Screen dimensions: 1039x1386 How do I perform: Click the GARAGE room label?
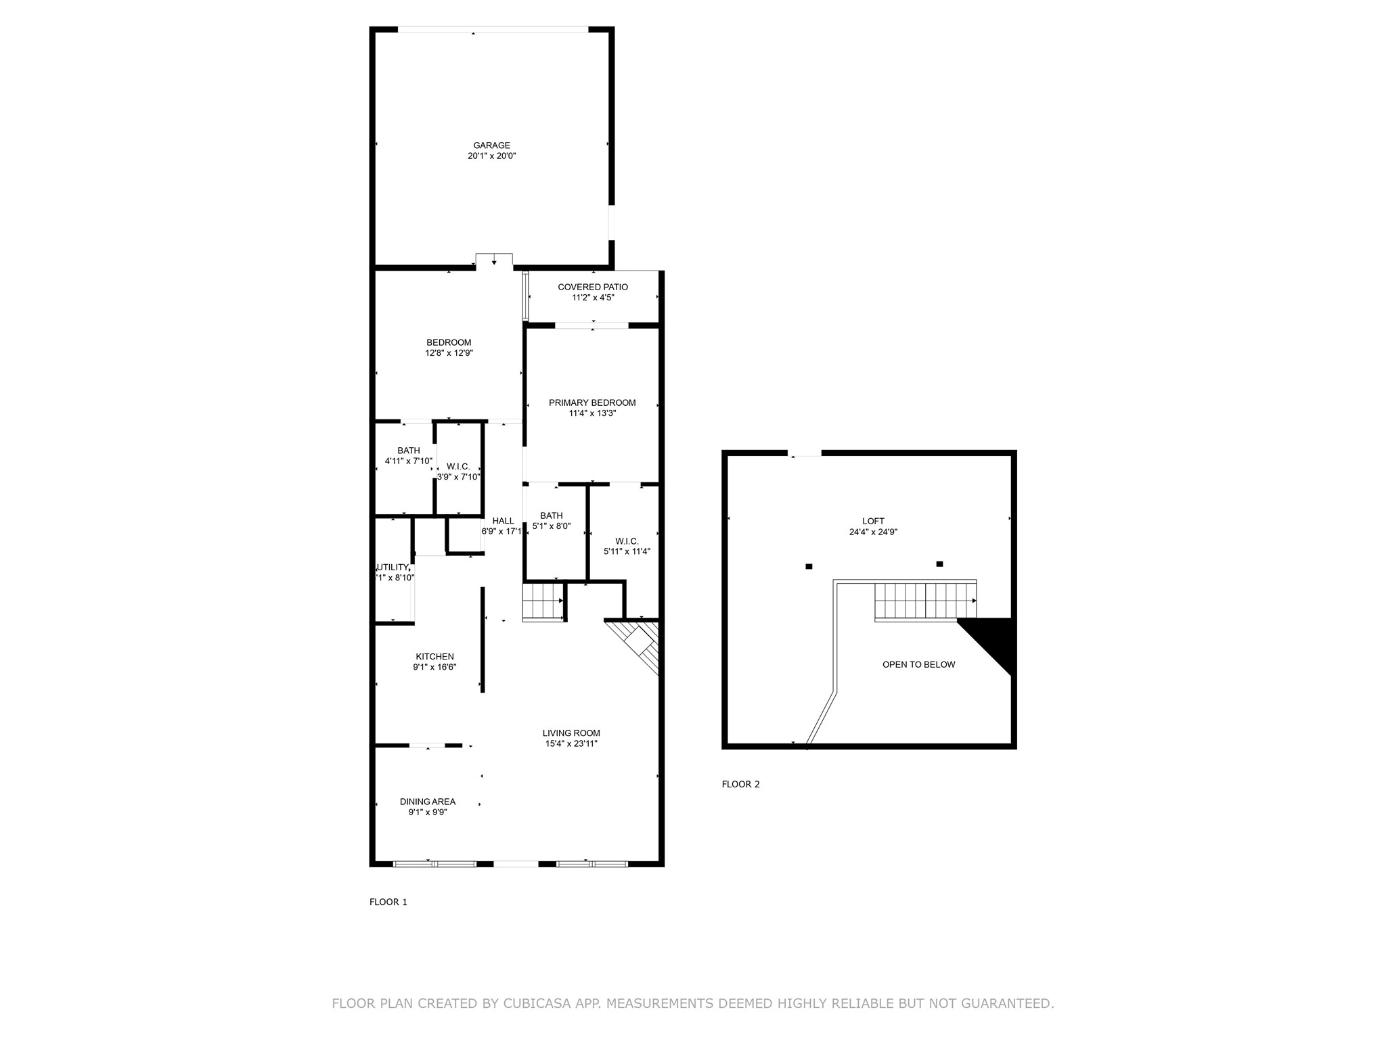click(x=491, y=145)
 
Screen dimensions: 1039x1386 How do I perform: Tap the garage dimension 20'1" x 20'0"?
click(x=491, y=156)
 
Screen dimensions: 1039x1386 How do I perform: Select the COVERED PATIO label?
click(x=593, y=287)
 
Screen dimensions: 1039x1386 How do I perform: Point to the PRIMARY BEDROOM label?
click(x=592, y=402)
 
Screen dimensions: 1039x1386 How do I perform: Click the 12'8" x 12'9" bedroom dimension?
click(x=449, y=353)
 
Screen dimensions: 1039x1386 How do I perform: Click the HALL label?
click(x=503, y=521)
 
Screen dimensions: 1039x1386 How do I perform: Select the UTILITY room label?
click(x=393, y=567)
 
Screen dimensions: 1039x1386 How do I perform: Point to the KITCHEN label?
click(x=434, y=656)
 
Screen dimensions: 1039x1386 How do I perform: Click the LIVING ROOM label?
click(x=571, y=733)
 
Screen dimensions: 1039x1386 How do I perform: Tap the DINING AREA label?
click(x=428, y=802)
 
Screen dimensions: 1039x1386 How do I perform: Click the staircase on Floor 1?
click(x=543, y=601)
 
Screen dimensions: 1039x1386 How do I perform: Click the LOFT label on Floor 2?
click(x=873, y=521)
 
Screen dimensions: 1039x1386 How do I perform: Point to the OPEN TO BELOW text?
click(x=918, y=665)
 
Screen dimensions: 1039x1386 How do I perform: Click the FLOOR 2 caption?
click(x=740, y=785)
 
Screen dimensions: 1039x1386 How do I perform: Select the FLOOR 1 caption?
click(x=388, y=902)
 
